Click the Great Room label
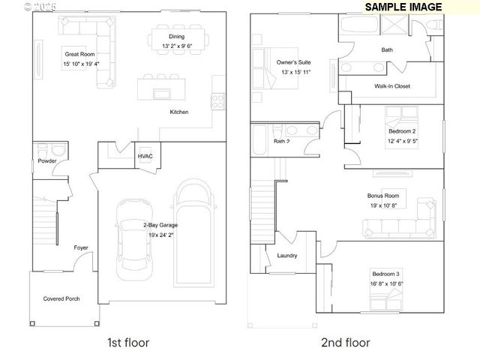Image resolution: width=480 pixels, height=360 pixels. [x=79, y=54]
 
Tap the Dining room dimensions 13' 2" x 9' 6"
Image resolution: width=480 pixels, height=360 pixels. [x=177, y=46]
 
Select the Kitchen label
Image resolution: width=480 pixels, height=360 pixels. [x=178, y=112]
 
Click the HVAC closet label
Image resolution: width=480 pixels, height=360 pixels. [x=145, y=156]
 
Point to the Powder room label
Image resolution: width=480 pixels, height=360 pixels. [x=48, y=160]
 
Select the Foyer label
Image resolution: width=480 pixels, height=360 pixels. [x=80, y=247]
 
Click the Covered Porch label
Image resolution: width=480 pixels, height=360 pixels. [x=61, y=298]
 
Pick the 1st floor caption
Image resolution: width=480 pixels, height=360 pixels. [x=128, y=343]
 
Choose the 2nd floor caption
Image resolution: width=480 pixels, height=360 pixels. [x=345, y=343]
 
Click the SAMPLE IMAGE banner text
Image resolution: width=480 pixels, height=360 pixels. [x=403, y=7]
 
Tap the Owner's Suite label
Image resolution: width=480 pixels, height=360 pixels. [x=294, y=62]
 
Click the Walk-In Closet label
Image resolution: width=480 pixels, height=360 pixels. [x=392, y=86]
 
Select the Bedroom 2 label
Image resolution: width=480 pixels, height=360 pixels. [x=402, y=130]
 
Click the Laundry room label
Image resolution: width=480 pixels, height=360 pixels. [x=287, y=256]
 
